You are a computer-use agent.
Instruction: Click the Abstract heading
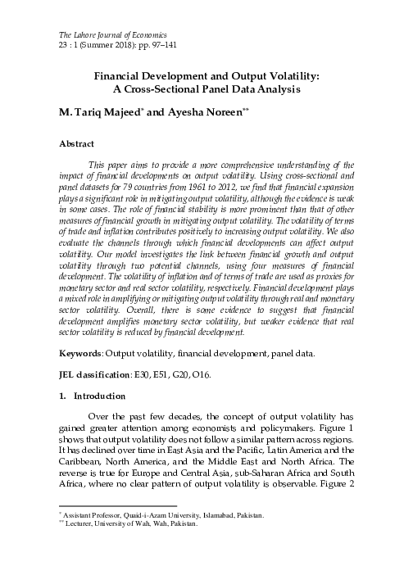[x=77, y=143]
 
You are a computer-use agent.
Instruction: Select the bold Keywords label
[x=81, y=355]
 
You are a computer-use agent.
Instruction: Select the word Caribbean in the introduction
[x=84, y=460]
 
